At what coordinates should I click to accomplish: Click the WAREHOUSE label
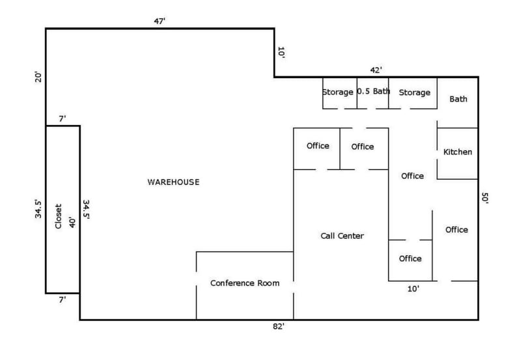[173, 182]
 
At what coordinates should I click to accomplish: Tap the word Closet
[58, 216]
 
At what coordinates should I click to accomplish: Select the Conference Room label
[245, 283]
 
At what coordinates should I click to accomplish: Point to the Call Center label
[342, 236]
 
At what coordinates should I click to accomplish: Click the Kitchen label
[458, 152]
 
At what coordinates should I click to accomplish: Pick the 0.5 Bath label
[374, 91]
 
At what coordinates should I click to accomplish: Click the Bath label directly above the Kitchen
[458, 99]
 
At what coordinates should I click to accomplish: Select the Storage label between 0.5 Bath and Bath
[414, 92]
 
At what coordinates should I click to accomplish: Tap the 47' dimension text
[160, 21]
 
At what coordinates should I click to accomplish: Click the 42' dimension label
[376, 70]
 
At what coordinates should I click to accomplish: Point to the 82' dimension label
[279, 326]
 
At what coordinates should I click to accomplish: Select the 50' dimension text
[484, 198]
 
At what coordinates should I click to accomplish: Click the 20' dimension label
[38, 77]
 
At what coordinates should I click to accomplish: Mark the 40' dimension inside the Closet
[72, 223]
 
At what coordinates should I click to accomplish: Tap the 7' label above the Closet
[63, 118]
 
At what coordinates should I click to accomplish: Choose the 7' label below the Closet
[63, 299]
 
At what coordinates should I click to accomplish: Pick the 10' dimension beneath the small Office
[413, 288]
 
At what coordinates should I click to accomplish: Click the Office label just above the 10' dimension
[410, 258]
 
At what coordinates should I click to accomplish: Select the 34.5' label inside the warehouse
[86, 210]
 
